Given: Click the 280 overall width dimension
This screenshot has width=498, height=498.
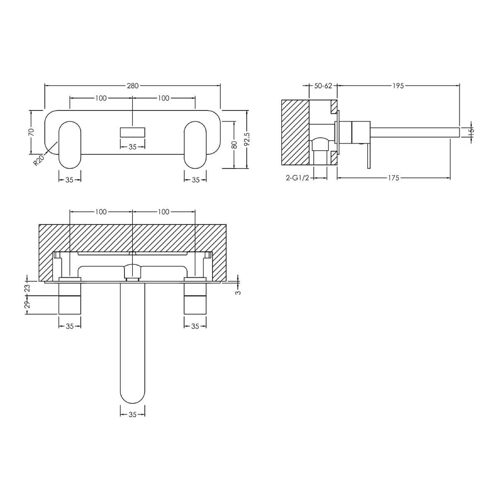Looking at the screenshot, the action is click(132, 85).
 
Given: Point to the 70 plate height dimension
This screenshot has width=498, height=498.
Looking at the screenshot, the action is click(31, 132).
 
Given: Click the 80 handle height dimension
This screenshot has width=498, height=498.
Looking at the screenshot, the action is click(234, 145).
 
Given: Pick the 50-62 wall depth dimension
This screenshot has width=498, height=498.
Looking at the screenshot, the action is click(323, 85).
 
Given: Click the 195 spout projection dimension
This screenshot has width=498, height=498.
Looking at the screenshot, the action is click(398, 85).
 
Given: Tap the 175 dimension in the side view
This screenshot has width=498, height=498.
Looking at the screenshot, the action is click(393, 178).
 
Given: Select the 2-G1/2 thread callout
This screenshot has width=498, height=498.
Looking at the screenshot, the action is click(298, 178).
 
